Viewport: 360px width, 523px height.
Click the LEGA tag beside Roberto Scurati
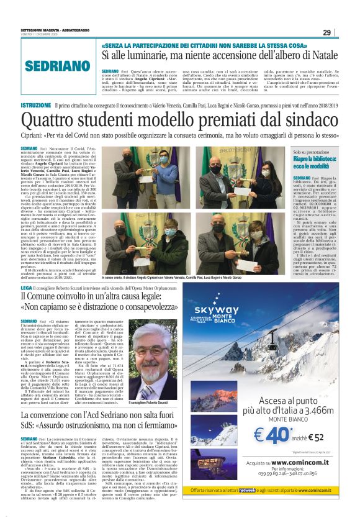[x=27, y=288]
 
